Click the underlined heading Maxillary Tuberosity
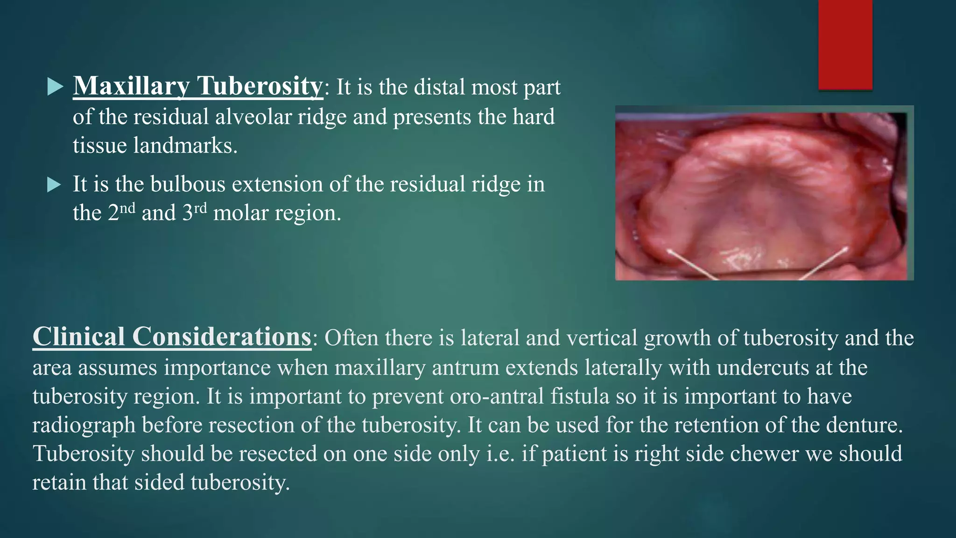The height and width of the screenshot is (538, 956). click(197, 86)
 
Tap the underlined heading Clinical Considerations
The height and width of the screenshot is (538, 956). click(172, 337)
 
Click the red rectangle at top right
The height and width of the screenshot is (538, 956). click(845, 44)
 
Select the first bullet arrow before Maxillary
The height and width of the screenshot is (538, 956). click(55, 87)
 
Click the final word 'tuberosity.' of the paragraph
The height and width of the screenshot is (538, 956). click(240, 482)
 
